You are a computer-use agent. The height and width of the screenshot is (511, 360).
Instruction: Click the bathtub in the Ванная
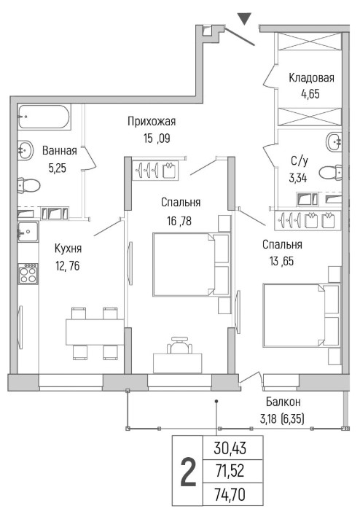pyautogui.click(x=44, y=117)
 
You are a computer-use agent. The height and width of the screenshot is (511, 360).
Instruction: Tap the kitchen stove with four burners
pyautogui.click(x=28, y=273)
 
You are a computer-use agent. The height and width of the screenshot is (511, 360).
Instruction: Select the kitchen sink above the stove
pyautogui.click(x=28, y=231)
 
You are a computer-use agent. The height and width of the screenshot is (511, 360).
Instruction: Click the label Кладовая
pyautogui.click(x=311, y=78)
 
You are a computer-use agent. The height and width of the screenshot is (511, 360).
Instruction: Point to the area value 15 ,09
pyautogui.click(x=157, y=139)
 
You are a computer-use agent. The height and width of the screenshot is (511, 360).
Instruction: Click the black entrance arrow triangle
pyautogui.click(x=244, y=18)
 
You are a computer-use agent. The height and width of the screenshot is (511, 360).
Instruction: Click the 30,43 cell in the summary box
pyautogui.click(x=230, y=448)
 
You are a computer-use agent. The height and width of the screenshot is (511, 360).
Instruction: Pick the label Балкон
pyautogui.click(x=283, y=402)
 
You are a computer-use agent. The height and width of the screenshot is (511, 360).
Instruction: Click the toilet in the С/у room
pyautogui.click(x=330, y=172)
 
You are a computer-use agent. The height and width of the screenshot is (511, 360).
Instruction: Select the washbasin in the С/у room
pyautogui.click(x=334, y=141)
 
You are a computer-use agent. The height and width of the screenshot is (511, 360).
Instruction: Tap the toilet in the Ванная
pyautogui.click(x=28, y=186)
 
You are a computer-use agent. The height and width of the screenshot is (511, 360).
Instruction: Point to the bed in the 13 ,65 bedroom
pyautogui.click(x=302, y=315)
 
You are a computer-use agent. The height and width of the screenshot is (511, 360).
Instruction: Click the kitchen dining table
pyautogui.click(x=95, y=332)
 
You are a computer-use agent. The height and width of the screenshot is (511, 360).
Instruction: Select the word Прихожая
pyautogui.click(x=152, y=122)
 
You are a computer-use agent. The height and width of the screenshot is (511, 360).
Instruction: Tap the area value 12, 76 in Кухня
pyautogui.click(x=68, y=266)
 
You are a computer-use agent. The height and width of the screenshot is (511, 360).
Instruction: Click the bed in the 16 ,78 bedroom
pyautogui.click(x=192, y=265)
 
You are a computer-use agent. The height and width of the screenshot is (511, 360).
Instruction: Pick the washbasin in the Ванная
pyautogui.click(x=26, y=151)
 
